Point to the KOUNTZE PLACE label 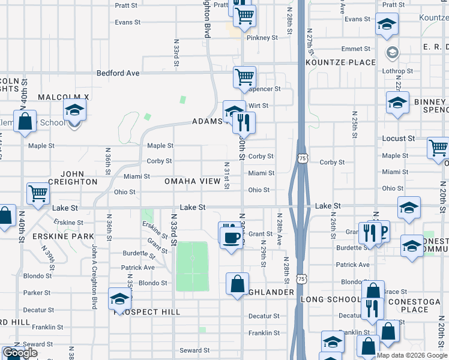340,62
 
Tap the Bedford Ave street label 119,73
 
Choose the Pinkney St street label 264,37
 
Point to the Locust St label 399,139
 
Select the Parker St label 37,293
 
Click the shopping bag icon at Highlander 238,283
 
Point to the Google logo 20,353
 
